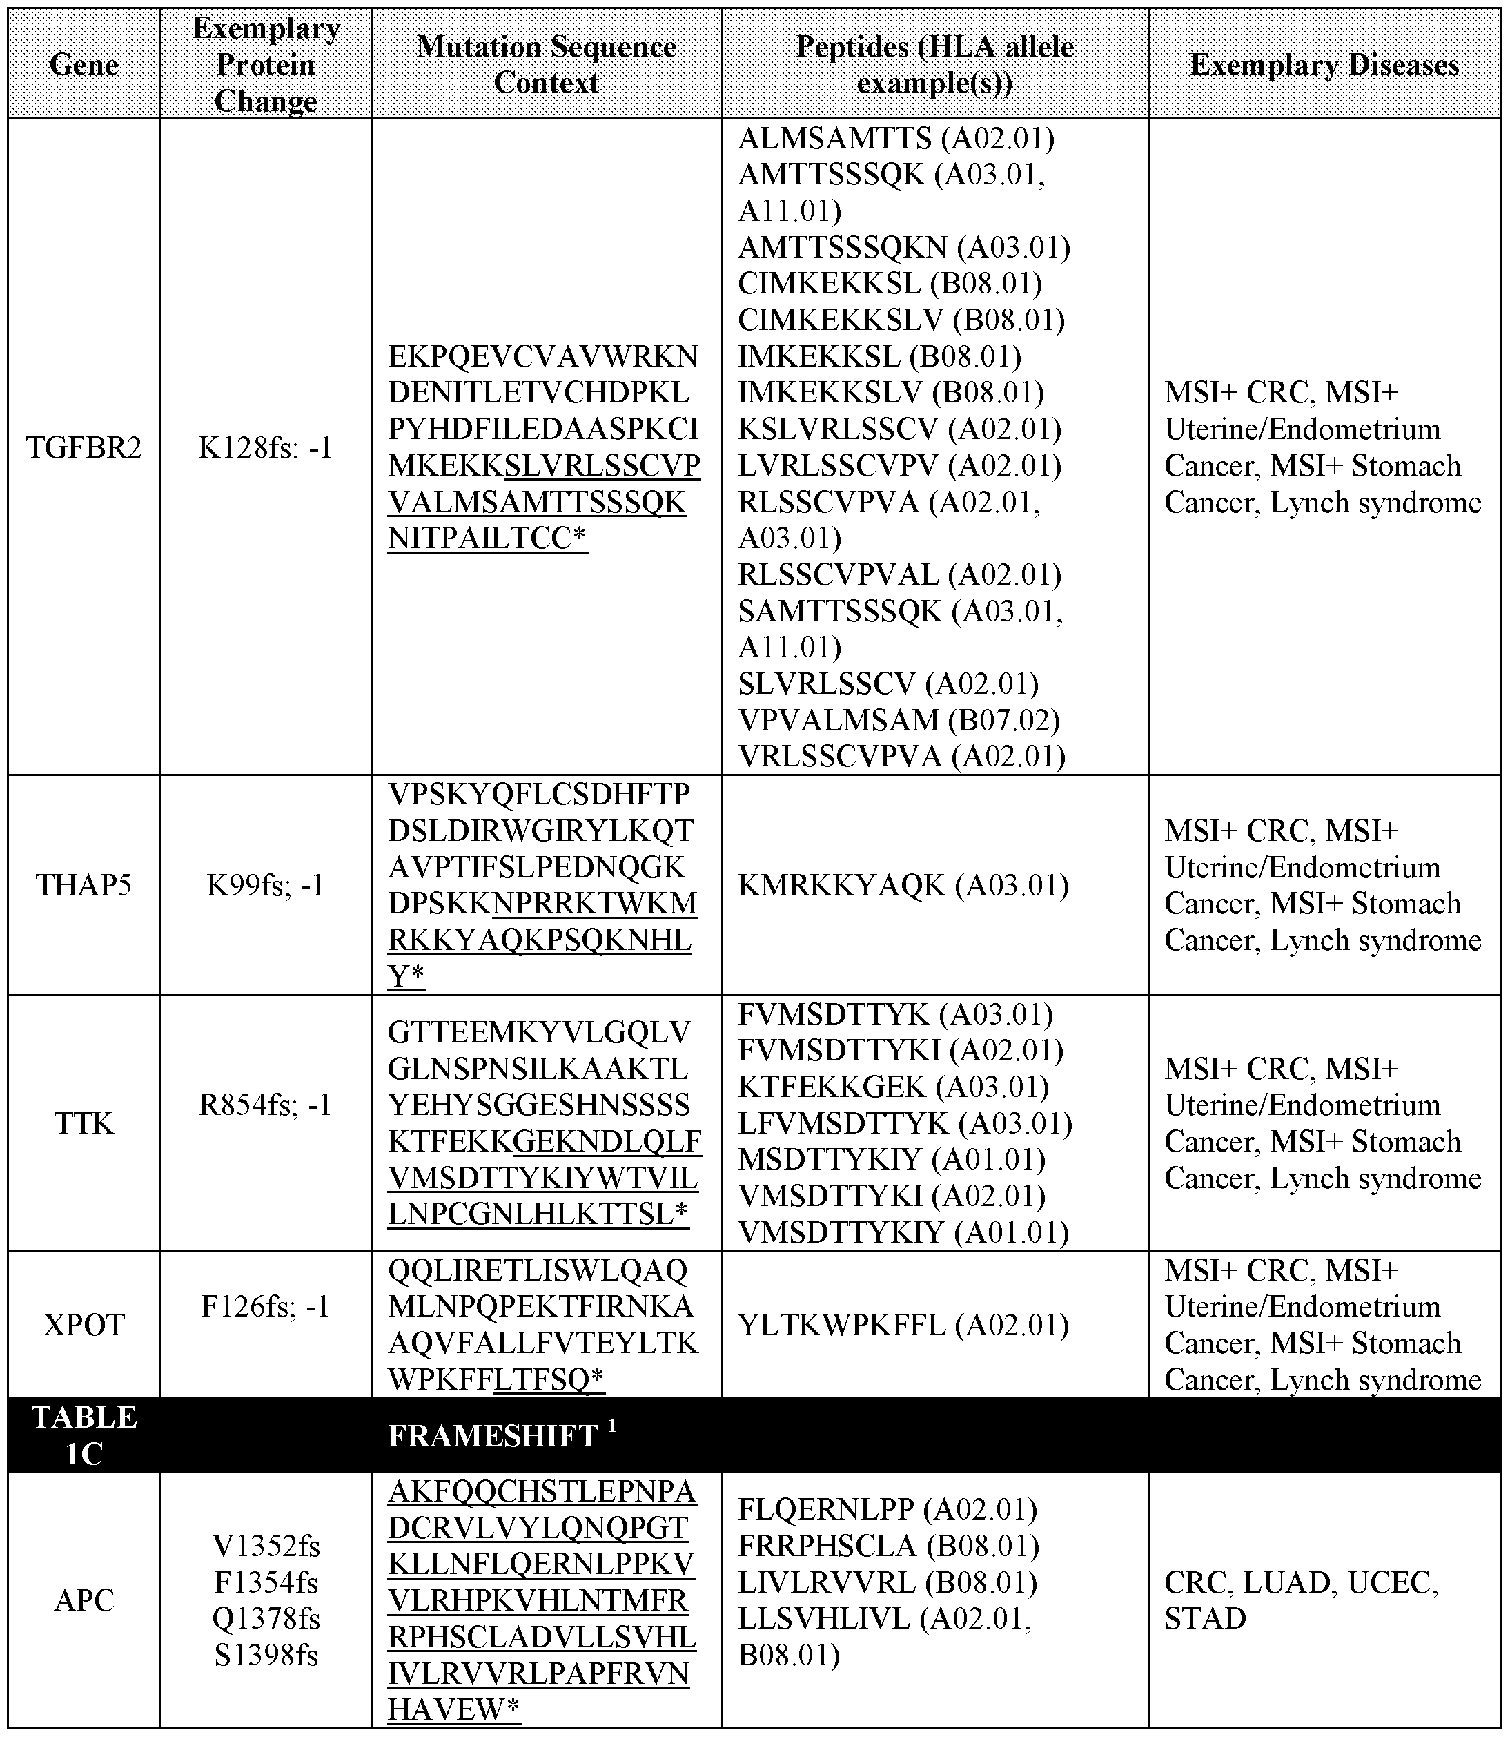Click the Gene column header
coord(84,65)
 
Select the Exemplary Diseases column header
coord(1324,65)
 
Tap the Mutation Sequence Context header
coord(546,65)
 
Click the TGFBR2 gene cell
coord(84,447)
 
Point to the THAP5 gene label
coord(84,885)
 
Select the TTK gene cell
coord(84,1123)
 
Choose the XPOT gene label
coord(84,1325)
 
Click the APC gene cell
coord(84,1600)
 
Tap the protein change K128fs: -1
coord(266,447)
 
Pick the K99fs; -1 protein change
coord(266,885)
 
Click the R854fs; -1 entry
coord(266,1104)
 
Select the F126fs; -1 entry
coord(266,1306)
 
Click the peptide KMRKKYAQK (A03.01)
coord(903,885)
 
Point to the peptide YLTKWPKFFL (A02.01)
coord(903,1326)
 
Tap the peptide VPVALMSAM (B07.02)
coord(899,720)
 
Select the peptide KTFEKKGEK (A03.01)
coord(893,1087)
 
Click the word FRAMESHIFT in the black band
coord(493,1436)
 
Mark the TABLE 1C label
coord(84,1435)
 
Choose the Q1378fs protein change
coord(266,1618)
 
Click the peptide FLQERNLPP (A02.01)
coord(888,1508)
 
